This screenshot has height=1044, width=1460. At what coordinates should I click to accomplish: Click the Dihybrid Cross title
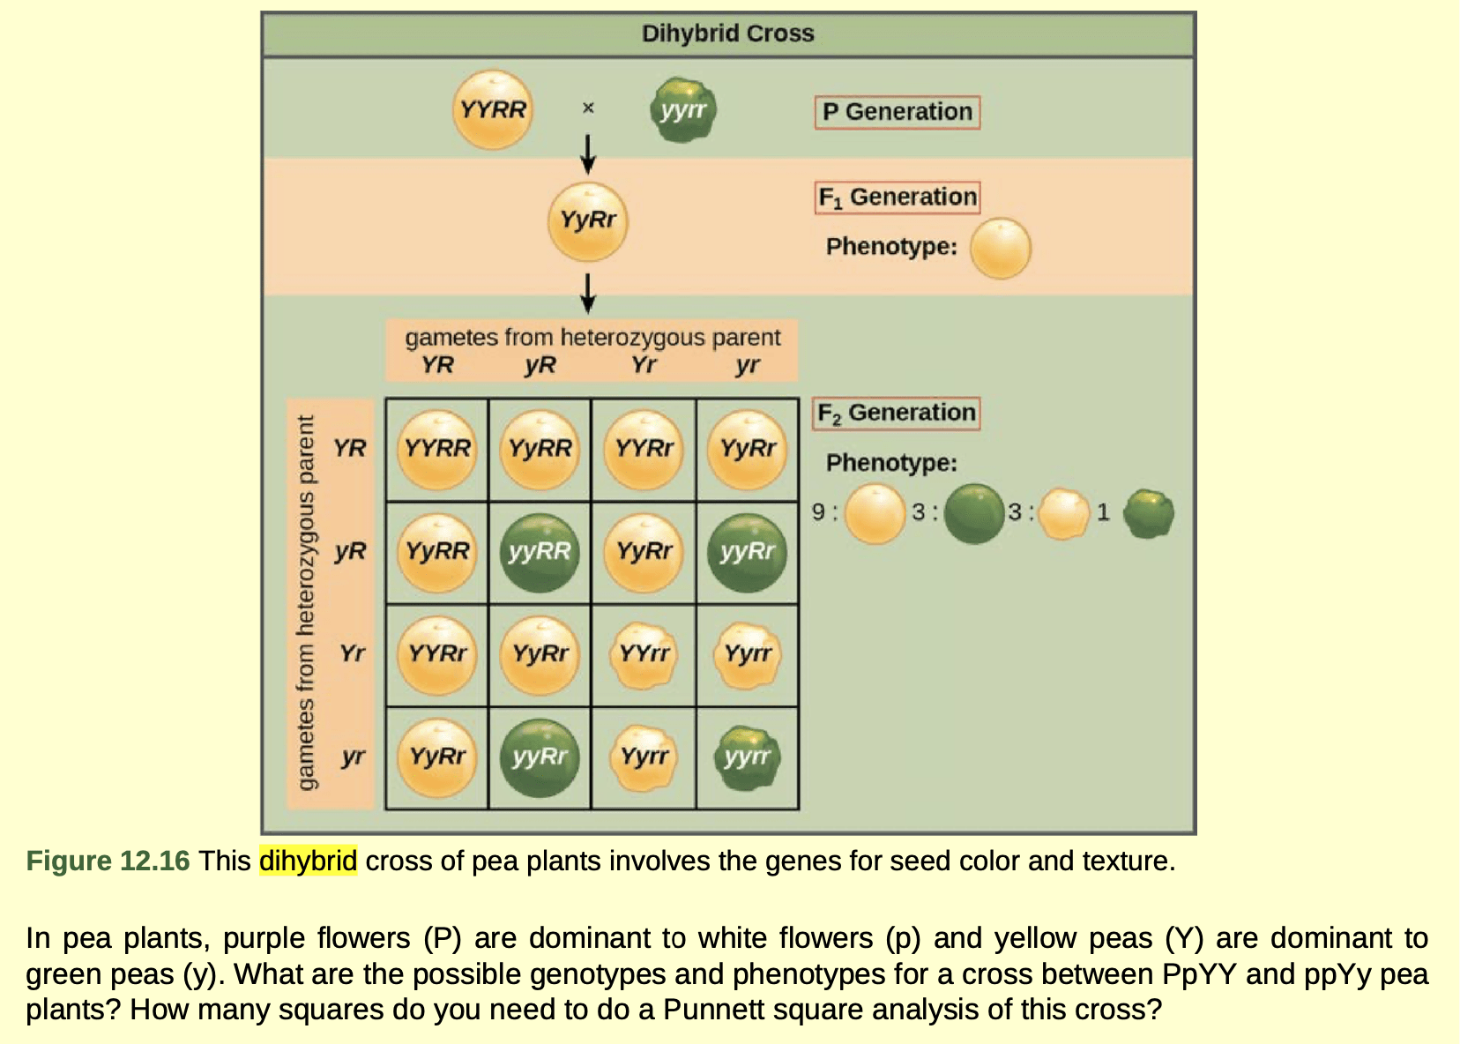[727, 34]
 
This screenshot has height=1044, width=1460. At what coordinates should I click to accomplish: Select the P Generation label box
[897, 112]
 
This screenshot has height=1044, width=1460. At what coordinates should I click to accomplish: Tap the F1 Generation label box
[897, 197]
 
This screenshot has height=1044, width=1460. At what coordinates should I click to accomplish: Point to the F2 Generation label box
[896, 413]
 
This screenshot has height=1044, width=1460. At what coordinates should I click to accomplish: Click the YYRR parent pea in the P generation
[493, 110]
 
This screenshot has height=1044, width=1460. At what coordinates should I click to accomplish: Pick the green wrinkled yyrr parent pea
[683, 110]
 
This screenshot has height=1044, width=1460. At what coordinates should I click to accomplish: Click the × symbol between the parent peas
[588, 108]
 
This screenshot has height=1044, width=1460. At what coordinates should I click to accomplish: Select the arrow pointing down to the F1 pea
[588, 154]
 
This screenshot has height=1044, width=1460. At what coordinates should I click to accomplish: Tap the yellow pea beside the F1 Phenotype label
[1001, 249]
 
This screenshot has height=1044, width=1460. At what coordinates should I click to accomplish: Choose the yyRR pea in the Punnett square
[540, 552]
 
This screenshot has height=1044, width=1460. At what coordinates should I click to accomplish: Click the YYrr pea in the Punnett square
[644, 654]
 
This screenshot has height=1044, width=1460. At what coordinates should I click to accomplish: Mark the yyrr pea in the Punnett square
[748, 757]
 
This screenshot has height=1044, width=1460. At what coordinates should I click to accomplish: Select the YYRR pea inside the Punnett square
[437, 449]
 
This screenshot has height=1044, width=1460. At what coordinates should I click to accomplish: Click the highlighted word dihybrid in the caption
[308, 861]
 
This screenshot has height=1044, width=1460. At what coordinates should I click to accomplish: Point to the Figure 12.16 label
[108, 861]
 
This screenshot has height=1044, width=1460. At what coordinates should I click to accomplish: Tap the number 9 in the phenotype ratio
[818, 511]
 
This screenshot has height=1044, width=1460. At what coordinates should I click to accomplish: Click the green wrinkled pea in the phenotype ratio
[1148, 513]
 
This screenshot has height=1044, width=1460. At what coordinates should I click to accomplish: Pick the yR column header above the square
[540, 365]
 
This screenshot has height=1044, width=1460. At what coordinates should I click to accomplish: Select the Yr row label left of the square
[352, 653]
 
